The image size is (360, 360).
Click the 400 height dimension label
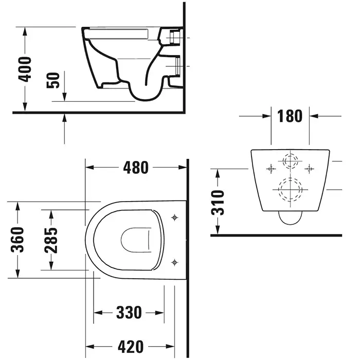click(x=25, y=69)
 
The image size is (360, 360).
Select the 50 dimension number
click(x=53, y=80)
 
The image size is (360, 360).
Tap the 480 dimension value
click(x=136, y=167)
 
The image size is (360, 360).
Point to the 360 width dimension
click(x=17, y=240)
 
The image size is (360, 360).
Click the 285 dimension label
click(x=51, y=240)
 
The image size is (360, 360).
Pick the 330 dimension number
click(x=129, y=313)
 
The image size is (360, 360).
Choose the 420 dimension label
click(x=131, y=347)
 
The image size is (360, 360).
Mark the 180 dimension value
click(x=290, y=116)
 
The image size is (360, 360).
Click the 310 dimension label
click(x=218, y=203)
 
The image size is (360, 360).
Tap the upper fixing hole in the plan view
click(x=174, y=218)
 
